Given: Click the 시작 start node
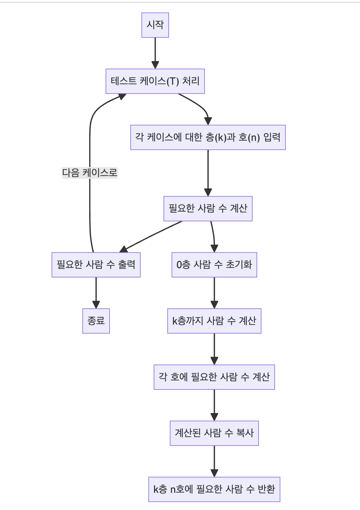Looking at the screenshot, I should pyautogui.click(x=155, y=25).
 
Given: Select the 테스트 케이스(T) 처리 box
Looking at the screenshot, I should pyautogui.click(x=155, y=81).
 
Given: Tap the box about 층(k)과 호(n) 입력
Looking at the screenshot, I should pyautogui.click(x=208, y=137).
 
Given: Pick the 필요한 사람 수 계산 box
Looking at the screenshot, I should pyautogui.click(x=208, y=208).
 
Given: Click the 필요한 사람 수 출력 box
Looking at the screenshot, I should pyautogui.click(x=96, y=265).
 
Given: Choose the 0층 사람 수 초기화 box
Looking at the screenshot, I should pyautogui.click(x=214, y=265).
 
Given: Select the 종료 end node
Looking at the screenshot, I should pyautogui.click(x=96, y=321).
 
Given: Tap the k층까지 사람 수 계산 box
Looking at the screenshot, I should pyautogui.click(x=214, y=321).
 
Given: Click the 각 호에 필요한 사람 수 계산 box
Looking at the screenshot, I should pyautogui.click(x=214, y=377).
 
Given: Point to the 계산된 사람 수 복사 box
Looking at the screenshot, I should pyautogui.click(x=214, y=433).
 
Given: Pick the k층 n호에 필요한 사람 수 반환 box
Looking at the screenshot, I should pyautogui.click(x=214, y=489).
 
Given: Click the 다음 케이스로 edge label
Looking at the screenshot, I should pyautogui.click(x=90, y=173).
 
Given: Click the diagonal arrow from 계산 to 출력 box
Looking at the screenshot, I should pyautogui.click(x=152, y=236).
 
